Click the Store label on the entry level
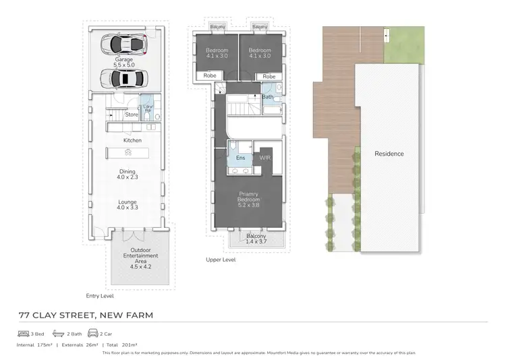[132, 115]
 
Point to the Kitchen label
[132, 140]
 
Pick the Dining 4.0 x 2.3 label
[127, 174]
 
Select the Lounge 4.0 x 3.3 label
[127, 205]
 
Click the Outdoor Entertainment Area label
[141, 259]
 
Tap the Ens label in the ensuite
[240, 158]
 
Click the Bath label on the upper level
[267, 97]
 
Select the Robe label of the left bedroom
[210, 77]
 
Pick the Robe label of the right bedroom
[269, 77]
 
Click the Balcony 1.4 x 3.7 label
[256, 239]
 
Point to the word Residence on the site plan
[389, 154]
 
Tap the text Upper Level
[221, 260]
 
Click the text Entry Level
[100, 295]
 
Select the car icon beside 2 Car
[92, 334]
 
